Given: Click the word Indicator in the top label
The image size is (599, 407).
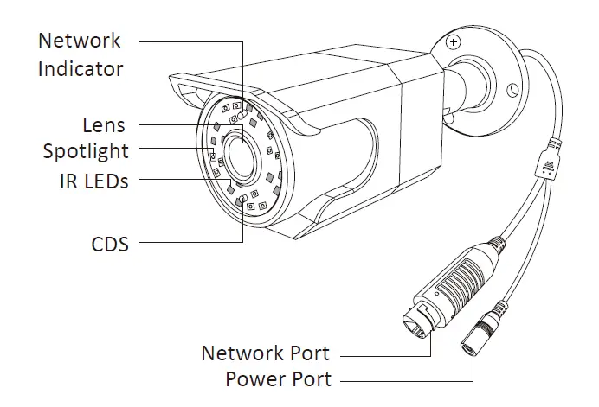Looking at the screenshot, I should (80, 68).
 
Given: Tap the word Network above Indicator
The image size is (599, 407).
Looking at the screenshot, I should (80, 41).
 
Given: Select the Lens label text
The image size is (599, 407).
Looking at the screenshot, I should (105, 125).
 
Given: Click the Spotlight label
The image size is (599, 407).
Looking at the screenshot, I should (86, 151).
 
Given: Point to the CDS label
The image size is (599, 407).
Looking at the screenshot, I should (109, 245).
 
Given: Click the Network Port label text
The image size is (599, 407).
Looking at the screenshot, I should (265, 353).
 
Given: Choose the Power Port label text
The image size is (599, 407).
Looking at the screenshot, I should (278, 378).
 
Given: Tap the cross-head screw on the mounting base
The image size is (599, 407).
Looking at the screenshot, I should (454, 41).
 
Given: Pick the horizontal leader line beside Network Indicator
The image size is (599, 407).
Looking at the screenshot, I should (190, 41).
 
